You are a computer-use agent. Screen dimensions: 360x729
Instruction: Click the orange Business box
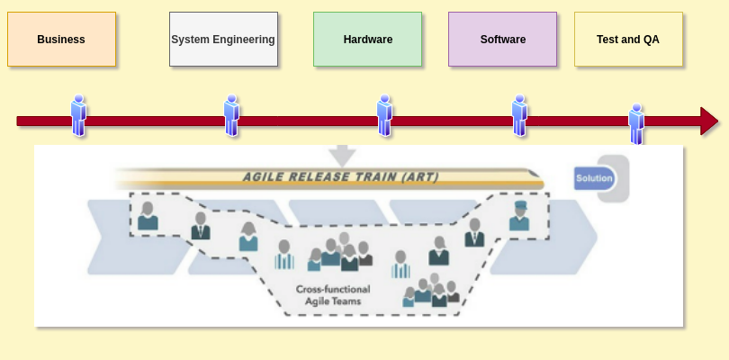pos(61,39)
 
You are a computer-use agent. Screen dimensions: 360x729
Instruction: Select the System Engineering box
pos(223,39)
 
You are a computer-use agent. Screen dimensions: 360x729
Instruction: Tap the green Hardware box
pos(367,39)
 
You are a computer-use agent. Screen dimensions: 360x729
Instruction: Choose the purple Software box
pos(502,39)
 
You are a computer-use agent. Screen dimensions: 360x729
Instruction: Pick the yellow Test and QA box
pos(628,39)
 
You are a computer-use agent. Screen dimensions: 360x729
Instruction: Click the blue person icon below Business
pos(78,115)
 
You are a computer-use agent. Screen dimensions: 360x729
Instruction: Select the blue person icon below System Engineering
pos(231,115)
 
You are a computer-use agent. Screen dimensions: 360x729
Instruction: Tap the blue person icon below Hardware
pos(384,115)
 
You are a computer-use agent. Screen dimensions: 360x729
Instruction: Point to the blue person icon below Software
pos(519,115)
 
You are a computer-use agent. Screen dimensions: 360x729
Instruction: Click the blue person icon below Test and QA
pos(636,124)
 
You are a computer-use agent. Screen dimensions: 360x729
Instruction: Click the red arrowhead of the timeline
pos(709,121)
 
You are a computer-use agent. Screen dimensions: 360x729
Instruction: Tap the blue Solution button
pos(595,178)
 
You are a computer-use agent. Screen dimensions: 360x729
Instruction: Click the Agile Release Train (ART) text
pos(340,177)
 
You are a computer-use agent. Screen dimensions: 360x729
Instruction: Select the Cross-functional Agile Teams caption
pos(333,295)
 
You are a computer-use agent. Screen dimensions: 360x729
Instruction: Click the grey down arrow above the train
pos(342,155)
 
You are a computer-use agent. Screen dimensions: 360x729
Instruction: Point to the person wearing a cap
pos(519,216)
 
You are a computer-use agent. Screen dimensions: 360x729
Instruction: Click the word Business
pos(61,40)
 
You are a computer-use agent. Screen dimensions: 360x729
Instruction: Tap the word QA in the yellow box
pos(651,40)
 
